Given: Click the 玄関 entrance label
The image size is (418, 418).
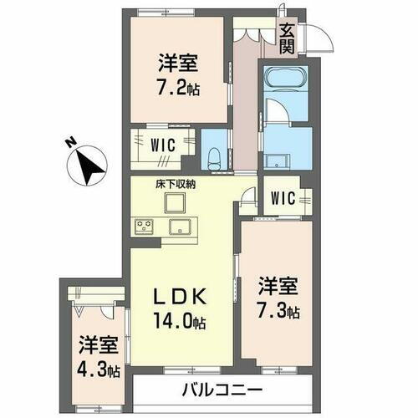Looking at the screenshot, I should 287,38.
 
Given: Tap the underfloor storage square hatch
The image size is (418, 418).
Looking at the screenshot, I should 176,203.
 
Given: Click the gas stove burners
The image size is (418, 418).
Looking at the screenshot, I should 143,226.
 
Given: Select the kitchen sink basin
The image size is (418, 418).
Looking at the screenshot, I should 180,227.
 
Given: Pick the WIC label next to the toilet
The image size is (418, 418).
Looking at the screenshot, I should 163,143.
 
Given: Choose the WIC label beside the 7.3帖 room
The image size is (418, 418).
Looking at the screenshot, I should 281,198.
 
